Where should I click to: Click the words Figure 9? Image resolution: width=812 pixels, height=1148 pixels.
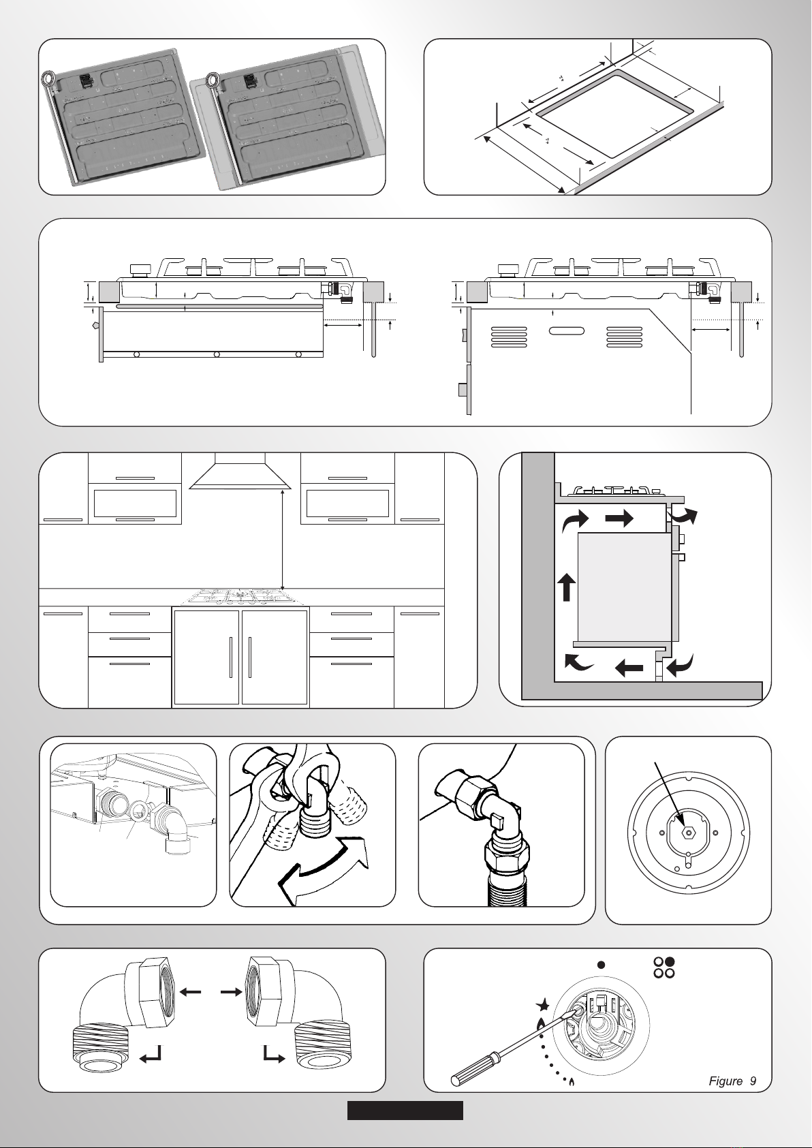click(x=732, y=1081)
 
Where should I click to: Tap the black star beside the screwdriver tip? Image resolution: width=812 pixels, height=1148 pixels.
click(x=543, y=1005)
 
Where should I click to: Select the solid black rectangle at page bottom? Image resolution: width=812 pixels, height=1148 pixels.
click(x=405, y=1111)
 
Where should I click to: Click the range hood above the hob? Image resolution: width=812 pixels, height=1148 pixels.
click(x=240, y=471)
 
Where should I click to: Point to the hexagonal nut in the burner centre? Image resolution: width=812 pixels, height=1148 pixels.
click(x=688, y=833)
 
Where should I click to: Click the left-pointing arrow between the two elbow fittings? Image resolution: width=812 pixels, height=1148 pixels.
click(x=190, y=992)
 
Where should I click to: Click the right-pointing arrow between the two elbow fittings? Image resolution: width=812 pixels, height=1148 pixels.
click(x=231, y=992)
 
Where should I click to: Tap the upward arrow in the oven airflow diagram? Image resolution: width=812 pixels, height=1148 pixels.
click(x=567, y=587)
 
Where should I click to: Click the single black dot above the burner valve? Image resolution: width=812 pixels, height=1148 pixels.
click(x=601, y=965)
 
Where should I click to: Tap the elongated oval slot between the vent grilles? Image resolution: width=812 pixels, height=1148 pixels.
click(x=566, y=330)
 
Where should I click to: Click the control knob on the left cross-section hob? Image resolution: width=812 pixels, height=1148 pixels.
click(x=138, y=270)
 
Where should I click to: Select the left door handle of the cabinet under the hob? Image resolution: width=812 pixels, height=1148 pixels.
click(x=231, y=657)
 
